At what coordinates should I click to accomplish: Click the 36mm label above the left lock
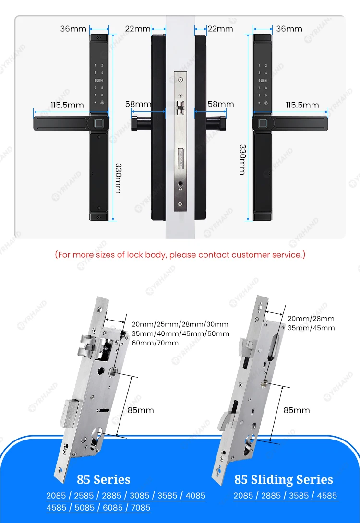coord(73,29)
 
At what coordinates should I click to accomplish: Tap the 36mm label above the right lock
coord(289,29)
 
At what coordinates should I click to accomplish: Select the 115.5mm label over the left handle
coord(67,106)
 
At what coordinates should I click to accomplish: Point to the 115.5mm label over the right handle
coord(302,106)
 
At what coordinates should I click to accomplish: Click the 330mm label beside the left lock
coord(118,178)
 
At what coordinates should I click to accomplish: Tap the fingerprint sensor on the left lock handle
coord(98,123)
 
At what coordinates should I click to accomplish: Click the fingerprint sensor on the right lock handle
coord(263,123)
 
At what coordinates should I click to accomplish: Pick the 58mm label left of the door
coord(138,104)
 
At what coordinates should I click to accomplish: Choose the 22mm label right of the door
coord(220,29)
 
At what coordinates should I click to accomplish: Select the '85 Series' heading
coord(103,480)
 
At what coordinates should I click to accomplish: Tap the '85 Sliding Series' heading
coord(284,480)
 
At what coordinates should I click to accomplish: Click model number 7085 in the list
coord(141,508)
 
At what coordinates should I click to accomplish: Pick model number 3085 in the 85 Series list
coord(140,496)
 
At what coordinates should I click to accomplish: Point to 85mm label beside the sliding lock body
coord(297,410)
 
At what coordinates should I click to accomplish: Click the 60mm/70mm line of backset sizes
coord(155,343)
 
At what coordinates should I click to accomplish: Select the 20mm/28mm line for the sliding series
coord(311,319)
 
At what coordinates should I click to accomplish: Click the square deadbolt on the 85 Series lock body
coord(70,414)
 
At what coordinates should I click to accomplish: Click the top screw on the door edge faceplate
coord(180,80)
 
